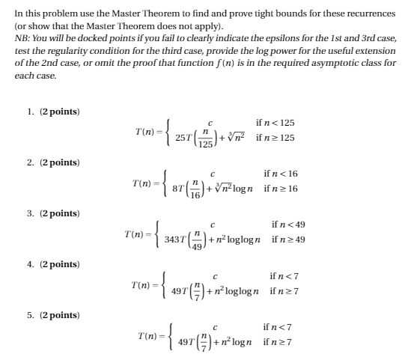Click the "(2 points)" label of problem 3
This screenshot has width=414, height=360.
coord(58,213)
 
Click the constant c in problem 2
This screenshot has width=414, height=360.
coord(213,173)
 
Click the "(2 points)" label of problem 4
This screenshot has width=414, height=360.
coord(58,264)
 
